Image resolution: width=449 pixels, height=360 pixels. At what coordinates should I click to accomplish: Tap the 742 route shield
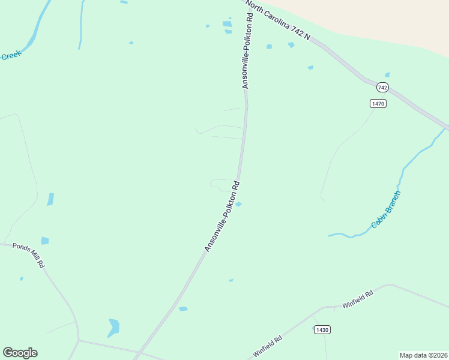point(382,88)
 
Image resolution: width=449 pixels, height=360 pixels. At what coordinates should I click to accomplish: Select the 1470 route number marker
point(378,103)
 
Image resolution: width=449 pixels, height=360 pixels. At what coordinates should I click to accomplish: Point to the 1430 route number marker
point(322,329)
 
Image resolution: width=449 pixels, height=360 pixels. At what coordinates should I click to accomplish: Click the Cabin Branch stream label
point(385,209)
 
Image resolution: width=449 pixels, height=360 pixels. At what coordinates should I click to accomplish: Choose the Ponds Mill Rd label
point(28,255)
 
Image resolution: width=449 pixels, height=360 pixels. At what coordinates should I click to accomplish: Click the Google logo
point(20,353)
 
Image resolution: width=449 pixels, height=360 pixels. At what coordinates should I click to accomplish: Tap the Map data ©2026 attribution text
point(423,355)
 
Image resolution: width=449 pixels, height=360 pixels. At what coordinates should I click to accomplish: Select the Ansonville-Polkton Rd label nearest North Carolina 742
point(247,51)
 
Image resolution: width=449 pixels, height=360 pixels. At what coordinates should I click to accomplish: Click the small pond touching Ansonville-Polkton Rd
point(238,205)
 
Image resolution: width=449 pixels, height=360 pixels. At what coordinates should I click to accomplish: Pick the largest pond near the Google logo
point(113,327)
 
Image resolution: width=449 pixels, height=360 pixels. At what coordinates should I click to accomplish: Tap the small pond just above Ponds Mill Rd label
point(45,241)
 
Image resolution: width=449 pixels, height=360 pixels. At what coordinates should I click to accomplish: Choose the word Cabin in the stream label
point(377,221)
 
